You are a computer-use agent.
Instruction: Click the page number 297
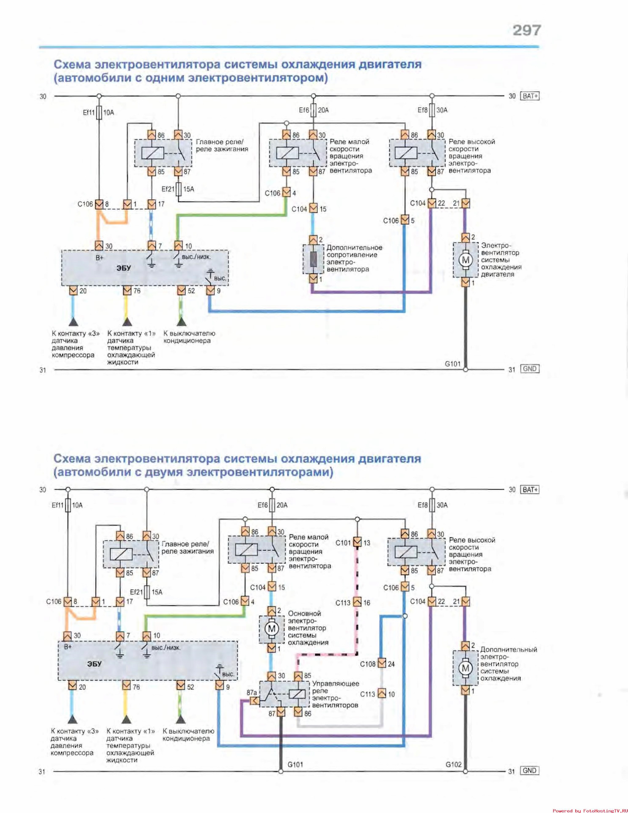[526, 30]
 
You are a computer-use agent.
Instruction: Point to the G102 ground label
[453, 764]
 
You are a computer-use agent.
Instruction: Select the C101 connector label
[343, 543]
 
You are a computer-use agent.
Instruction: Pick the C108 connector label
[367, 664]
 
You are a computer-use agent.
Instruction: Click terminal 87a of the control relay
[255, 701]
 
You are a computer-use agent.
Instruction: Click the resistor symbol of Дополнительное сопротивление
[313, 259]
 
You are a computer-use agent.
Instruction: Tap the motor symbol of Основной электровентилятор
[271, 629]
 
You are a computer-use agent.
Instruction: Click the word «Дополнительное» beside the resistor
[354, 248]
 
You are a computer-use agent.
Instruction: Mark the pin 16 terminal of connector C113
[357, 602]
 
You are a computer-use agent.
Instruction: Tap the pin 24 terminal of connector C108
[382, 664]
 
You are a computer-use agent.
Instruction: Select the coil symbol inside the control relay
[297, 694]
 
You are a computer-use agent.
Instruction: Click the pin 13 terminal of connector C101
[357, 542]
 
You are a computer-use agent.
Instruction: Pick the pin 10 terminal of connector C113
[382, 694]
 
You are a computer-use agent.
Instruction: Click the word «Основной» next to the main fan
[304, 614]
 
